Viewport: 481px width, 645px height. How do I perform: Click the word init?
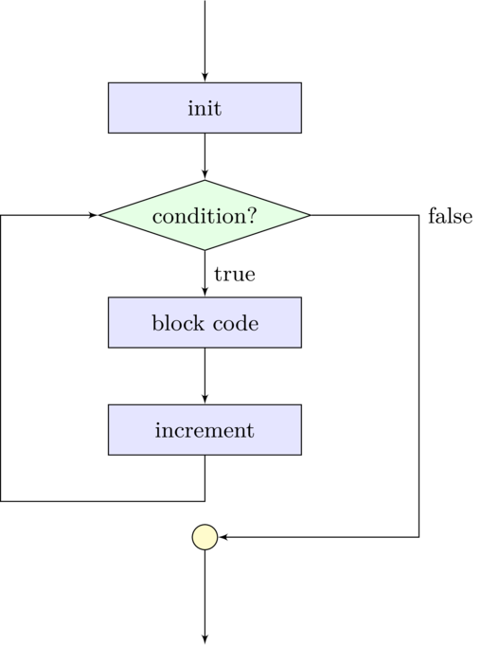point(205,109)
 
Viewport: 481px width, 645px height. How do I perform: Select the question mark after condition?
point(252,216)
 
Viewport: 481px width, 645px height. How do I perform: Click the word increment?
point(205,431)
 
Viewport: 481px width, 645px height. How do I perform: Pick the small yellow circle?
point(205,537)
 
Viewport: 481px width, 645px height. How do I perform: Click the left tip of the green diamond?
point(102,215)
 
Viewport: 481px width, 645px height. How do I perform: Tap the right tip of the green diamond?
point(308,215)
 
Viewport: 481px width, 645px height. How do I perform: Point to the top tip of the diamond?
point(205,181)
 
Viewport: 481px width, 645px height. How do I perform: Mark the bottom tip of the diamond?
point(205,249)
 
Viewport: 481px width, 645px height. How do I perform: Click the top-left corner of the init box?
point(110,84)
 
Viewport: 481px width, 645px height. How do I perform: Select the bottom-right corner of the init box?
point(299,131)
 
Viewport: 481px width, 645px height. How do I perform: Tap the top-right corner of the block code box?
point(299,299)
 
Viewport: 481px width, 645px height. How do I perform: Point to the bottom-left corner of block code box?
point(110,346)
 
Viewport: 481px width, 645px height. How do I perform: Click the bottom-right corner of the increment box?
point(299,453)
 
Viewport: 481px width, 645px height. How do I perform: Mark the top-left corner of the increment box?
point(110,406)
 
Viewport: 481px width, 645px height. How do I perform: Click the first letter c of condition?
point(156,217)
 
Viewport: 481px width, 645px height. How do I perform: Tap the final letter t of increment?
point(250,431)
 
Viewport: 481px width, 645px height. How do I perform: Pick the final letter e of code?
point(253,325)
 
